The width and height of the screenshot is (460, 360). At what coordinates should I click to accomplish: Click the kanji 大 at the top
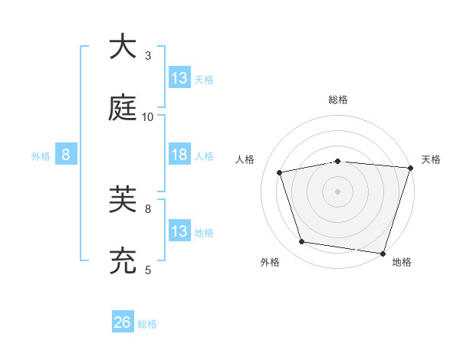click(x=123, y=47)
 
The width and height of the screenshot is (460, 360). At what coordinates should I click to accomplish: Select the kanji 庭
click(x=123, y=108)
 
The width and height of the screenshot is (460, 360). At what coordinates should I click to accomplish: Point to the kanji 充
click(x=123, y=261)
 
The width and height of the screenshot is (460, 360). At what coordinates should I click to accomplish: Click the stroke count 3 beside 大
click(x=148, y=56)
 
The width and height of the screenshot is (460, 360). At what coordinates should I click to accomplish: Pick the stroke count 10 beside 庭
click(x=148, y=117)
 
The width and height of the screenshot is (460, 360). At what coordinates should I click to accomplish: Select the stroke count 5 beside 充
click(x=148, y=270)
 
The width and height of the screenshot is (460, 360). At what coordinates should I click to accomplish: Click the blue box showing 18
click(x=179, y=155)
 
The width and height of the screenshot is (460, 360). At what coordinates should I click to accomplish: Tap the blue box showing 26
click(x=123, y=323)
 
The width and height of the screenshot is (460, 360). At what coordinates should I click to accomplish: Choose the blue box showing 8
click(x=66, y=155)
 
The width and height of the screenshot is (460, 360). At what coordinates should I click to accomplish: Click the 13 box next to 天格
click(x=179, y=78)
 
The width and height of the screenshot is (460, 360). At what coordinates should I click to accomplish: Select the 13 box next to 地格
click(x=179, y=231)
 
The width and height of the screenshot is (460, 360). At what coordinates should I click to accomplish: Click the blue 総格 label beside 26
click(x=147, y=324)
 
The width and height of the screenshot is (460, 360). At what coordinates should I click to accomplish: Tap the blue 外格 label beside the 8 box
click(x=41, y=156)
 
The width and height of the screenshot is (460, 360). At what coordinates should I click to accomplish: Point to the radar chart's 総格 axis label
click(x=337, y=100)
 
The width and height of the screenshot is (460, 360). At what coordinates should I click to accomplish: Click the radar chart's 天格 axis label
click(x=431, y=159)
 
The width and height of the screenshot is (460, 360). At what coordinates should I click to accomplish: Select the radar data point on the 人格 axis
click(x=280, y=173)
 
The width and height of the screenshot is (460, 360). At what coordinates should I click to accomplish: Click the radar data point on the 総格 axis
click(x=337, y=161)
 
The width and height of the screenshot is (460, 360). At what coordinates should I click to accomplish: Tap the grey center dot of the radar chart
click(x=337, y=191)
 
